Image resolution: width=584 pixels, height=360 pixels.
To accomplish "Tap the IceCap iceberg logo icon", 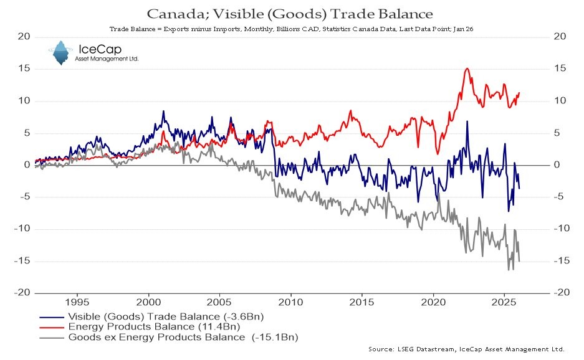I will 60,53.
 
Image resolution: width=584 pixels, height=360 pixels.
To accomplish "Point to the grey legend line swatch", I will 49,337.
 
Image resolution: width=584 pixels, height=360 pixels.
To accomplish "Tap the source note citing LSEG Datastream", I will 466,349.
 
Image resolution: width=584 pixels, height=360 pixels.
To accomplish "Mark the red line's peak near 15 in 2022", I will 467,69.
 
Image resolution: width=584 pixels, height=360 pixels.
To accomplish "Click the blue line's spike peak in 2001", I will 163,111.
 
